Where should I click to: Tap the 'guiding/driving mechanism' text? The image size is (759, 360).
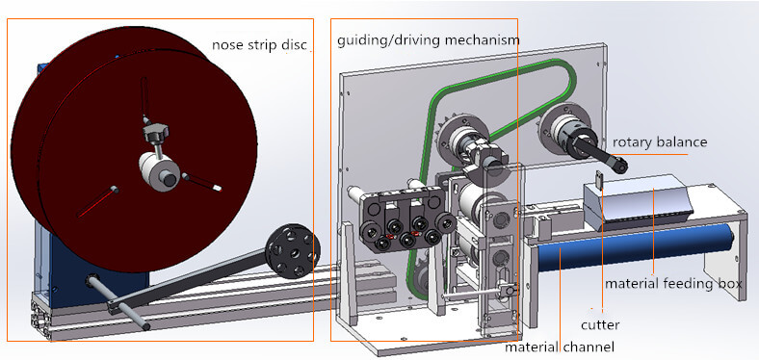click(429, 40)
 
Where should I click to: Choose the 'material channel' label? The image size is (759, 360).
click(560, 347)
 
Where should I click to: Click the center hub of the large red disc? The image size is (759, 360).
click(164, 176)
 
